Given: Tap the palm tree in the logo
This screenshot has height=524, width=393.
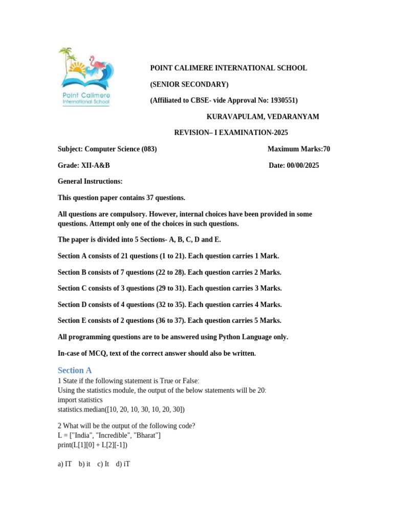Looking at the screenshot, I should pyautogui.click(x=66, y=56).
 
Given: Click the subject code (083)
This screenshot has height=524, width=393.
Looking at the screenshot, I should pyautogui.click(x=149, y=149).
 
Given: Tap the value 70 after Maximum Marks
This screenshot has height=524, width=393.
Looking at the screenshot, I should pyautogui.click(x=326, y=149).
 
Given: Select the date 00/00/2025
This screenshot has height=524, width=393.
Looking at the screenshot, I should pyautogui.click(x=303, y=165).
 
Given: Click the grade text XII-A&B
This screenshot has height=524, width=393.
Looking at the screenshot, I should pyautogui.click(x=95, y=165).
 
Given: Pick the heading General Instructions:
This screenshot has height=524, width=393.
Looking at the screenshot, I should pyautogui.click(x=90, y=182).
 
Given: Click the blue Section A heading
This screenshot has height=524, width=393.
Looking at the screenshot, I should pyautogui.click(x=75, y=370).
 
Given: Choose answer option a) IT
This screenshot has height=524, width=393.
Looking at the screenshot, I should pyautogui.click(x=65, y=464).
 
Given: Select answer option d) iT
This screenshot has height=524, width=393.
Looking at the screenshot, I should pyautogui.click(x=123, y=464).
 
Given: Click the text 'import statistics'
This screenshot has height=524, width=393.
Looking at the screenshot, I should pyautogui.click(x=80, y=400).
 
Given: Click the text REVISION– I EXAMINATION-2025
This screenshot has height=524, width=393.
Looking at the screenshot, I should pyautogui.click(x=231, y=133).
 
